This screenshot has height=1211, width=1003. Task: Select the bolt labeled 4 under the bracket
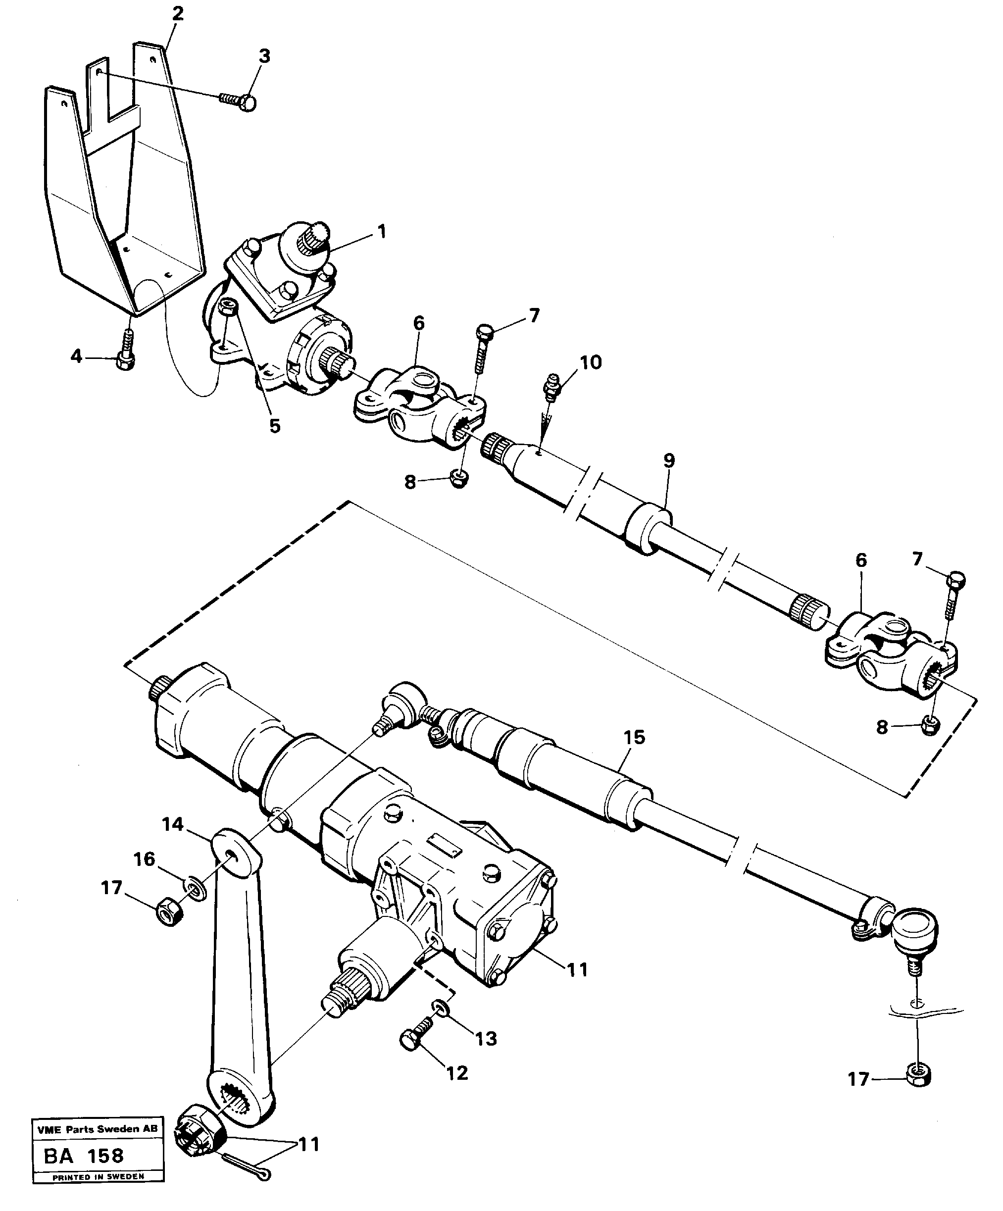[x=126, y=353]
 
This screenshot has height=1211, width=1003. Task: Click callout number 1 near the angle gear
[x=381, y=232]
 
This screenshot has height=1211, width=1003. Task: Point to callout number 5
[x=275, y=426]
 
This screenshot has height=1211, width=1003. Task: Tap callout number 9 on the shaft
[x=668, y=461]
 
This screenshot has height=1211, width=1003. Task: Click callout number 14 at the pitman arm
[x=172, y=825]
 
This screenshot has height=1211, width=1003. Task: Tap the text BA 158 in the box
[x=84, y=1156]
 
